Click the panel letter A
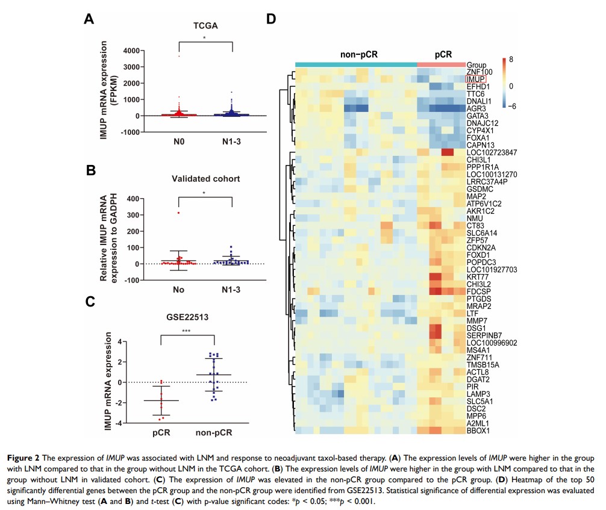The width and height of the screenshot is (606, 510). [x=89, y=19]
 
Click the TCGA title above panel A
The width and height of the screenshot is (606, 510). [x=205, y=26]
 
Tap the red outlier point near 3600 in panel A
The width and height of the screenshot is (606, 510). [x=179, y=56]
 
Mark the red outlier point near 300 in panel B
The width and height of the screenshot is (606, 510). [x=179, y=213]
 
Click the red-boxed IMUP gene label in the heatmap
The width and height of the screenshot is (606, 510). [x=475, y=79]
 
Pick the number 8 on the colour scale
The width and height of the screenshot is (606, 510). [x=511, y=60]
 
